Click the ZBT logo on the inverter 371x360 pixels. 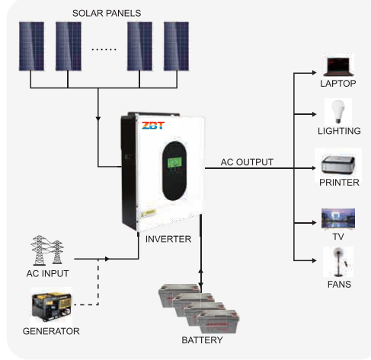click(153, 126)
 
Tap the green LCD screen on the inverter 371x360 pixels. click(174, 163)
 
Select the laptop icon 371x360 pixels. click(338, 67)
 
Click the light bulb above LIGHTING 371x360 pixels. click(338, 111)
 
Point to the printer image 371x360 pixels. click(338, 165)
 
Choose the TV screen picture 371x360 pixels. click(338, 218)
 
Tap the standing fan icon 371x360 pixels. click(338, 262)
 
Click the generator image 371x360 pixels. click(52, 307)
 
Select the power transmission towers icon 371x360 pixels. click(47, 250)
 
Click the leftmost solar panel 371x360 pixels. click(31, 46)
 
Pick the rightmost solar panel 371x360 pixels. click(176, 46)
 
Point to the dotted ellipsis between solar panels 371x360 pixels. click(104, 49)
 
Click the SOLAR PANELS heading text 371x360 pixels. click(107, 13)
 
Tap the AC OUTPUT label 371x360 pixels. click(247, 162)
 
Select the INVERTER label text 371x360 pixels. click(168, 239)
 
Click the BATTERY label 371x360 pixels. click(202, 340)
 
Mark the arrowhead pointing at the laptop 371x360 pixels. click(314, 73)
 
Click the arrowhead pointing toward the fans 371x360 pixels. click(314, 260)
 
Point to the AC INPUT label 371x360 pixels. click(48, 273)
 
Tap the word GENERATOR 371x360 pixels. click(51, 331)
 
